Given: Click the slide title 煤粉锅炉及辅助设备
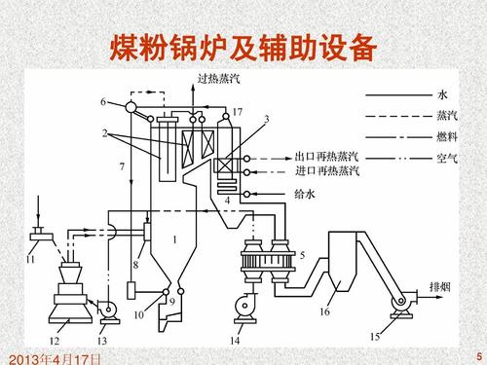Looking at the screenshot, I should (243, 47).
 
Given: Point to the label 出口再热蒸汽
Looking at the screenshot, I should (326, 157).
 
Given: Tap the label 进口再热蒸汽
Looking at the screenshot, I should (326, 171).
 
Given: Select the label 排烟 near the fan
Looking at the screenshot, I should (440, 287).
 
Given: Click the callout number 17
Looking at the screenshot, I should (237, 114).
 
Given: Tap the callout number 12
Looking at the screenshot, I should (56, 341).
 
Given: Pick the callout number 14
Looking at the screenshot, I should (234, 341).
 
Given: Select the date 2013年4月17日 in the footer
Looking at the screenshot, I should (51, 358).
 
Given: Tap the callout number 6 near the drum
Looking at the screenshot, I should (103, 101).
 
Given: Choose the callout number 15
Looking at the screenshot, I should (375, 336).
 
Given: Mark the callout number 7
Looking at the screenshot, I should (122, 167).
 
